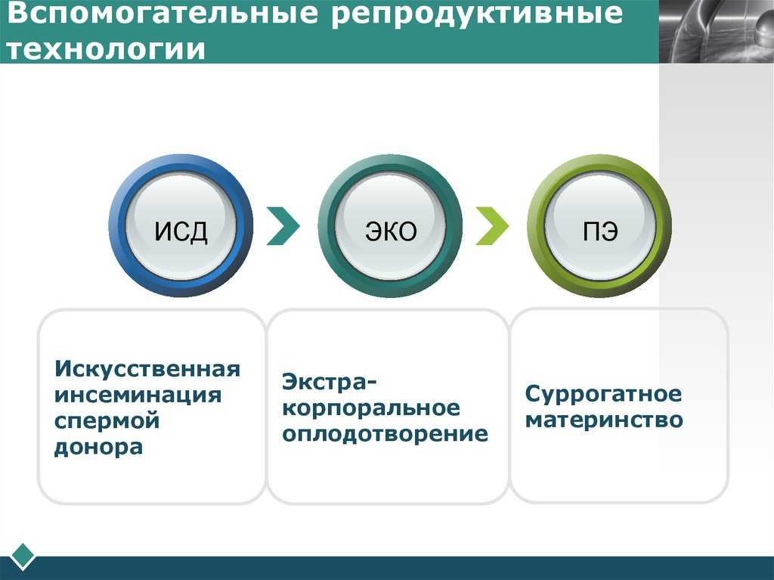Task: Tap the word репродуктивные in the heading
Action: (477, 14)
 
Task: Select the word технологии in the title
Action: (106, 49)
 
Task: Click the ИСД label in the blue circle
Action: (181, 231)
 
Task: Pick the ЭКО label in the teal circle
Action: (391, 231)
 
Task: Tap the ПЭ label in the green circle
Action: (599, 231)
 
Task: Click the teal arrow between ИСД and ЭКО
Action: (284, 226)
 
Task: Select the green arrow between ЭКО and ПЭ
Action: (493, 226)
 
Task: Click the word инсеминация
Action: (138, 395)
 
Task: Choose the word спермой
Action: (107, 422)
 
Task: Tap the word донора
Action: (99, 447)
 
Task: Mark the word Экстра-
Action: (330, 382)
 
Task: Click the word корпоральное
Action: (371, 408)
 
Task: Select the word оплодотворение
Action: (385, 434)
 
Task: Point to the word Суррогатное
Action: (603, 394)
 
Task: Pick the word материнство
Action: (604, 420)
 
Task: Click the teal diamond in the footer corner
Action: (22, 557)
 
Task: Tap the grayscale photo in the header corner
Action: (717, 31)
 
